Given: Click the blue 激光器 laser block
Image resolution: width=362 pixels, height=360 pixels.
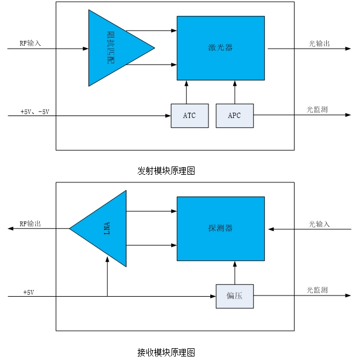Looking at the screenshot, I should [220, 47].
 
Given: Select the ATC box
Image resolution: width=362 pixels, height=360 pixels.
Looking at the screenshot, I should [189, 116].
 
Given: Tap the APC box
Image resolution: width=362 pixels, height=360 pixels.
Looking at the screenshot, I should [234, 116].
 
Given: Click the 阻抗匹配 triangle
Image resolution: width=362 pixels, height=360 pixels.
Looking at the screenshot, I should [111, 48].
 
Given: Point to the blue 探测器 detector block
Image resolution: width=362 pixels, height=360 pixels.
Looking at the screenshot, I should [220, 228].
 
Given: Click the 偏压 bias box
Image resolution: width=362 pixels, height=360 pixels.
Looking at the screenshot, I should [234, 296].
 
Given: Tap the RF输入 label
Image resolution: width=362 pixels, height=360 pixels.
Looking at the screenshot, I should [30, 43].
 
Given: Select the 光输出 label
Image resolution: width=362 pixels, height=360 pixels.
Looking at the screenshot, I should [319, 43].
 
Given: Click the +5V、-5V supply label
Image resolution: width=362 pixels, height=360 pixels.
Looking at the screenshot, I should [35, 111].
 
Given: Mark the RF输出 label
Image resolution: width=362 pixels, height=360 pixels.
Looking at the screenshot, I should [30, 224].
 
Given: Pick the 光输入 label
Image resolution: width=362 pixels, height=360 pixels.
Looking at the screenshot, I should [319, 224].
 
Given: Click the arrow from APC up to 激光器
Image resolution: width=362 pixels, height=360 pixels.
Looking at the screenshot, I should [234, 92].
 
